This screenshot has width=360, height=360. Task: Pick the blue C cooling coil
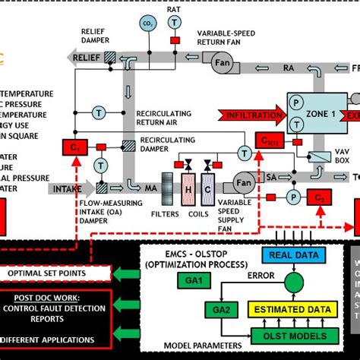pyautogui.click(x=208, y=187)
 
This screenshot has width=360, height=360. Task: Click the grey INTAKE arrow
pyautogui.click(x=74, y=187)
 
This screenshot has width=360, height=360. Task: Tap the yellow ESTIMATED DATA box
pyautogui.click(x=291, y=310)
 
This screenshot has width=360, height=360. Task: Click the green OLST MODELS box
pyautogui.click(x=291, y=336)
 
